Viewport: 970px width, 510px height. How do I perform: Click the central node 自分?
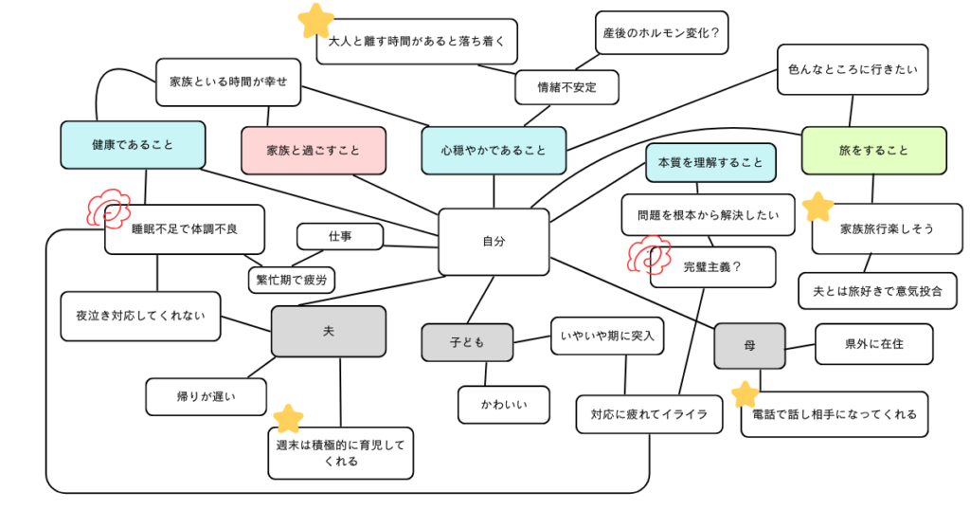point(494,242)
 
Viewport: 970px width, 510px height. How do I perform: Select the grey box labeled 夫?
point(329,331)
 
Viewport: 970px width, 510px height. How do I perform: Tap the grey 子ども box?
point(467,342)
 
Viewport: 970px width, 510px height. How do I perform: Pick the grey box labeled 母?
point(749,346)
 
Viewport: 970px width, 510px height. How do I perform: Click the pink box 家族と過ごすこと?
point(314,150)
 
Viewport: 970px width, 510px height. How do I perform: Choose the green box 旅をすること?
point(873,150)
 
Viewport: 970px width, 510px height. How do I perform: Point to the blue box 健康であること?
point(133,145)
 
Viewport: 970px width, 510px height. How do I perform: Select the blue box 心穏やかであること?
point(494,150)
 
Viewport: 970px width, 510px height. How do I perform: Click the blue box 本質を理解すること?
point(710,162)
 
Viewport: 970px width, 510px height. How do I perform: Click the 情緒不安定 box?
point(566,87)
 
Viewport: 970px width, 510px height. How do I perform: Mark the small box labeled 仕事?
point(340,236)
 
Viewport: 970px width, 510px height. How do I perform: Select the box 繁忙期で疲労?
point(291,280)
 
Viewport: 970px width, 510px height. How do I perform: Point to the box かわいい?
point(503,405)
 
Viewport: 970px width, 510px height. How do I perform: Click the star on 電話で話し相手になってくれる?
point(745,394)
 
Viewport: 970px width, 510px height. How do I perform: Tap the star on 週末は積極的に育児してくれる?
point(288,418)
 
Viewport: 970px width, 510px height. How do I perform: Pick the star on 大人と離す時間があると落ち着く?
point(317,18)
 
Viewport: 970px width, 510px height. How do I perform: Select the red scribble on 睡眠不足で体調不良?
point(108,206)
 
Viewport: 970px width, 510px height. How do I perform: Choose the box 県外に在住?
point(873,344)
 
